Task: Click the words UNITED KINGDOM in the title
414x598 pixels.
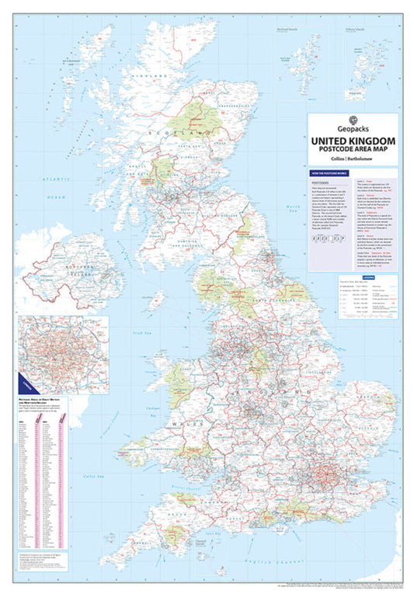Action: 353,141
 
